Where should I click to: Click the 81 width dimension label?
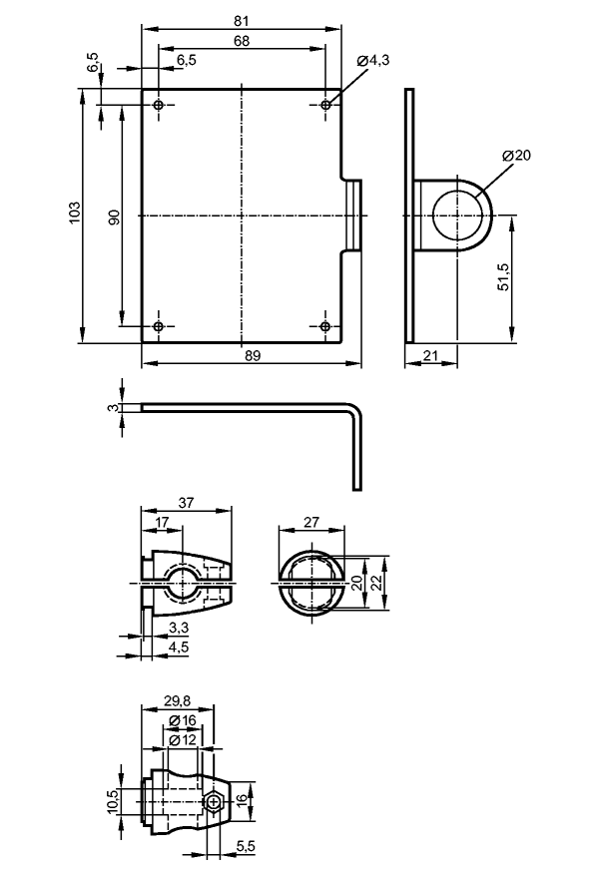pyautogui.click(x=241, y=21)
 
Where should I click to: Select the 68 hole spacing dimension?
pyautogui.click(x=242, y=41)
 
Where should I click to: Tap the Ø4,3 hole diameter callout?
pyautogui.click(x=372, y=60)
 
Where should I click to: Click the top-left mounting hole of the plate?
pyautogui.click(x=159, y=105)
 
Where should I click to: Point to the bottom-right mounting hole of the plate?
pyautogui.click(x=325, y=326)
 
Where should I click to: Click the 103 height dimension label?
pyautogui.click(x=75, y=213)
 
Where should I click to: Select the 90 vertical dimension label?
pyautogui.click(x=114, y=218)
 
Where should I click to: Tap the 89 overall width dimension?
pyautogui.click(x=253, y=355)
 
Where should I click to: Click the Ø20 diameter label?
pyautogui.click(x=516, y=155)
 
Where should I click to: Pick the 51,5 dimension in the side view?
pyautogui.click(x=504, y=276)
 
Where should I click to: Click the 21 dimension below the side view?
pyautogui.click(x=430, y=355)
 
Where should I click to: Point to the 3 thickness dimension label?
pyautogui.click(x=114, y=408)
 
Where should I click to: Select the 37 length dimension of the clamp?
pyautogui.click(x=186, y=502)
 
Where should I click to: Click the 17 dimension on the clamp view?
pyautogui.click(x=162, y=522)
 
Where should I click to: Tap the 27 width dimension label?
pyautogui.click(x=311, y=522)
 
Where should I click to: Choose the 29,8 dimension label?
pyautogui.click(x=179, y=701)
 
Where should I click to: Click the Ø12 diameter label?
pyautogui.click(x=183, y=740)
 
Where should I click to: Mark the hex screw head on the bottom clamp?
pyautogui.click(x=214, y=802)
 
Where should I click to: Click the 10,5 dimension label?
pyautogui.click(x=114, y=801)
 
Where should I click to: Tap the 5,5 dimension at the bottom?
pyautogui.click(x=246, y=847)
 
